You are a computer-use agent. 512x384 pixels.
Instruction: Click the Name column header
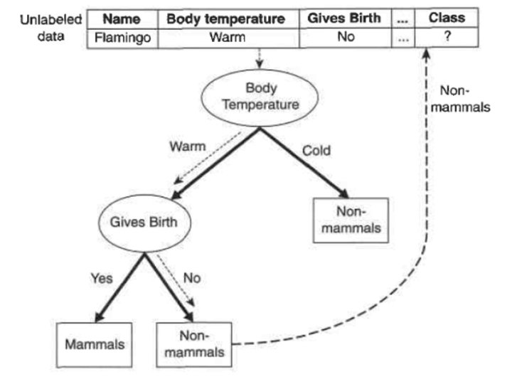coord(122,18)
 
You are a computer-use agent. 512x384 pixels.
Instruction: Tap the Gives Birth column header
coord(344,18)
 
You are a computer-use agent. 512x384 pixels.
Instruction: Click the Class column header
coord(447,18)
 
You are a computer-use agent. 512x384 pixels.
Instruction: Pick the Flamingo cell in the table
coord(122,37)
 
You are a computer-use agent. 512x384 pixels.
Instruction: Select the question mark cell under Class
coord(447,37)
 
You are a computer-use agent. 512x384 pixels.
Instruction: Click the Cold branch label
coord(317,151)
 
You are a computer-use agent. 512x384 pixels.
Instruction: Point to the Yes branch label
coord(102,279)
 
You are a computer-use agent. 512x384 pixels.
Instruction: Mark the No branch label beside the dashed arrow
coord(191,279)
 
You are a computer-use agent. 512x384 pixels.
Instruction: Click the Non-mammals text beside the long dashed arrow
coord(464,100)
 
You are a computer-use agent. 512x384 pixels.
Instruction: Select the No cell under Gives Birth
coord(346,37)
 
